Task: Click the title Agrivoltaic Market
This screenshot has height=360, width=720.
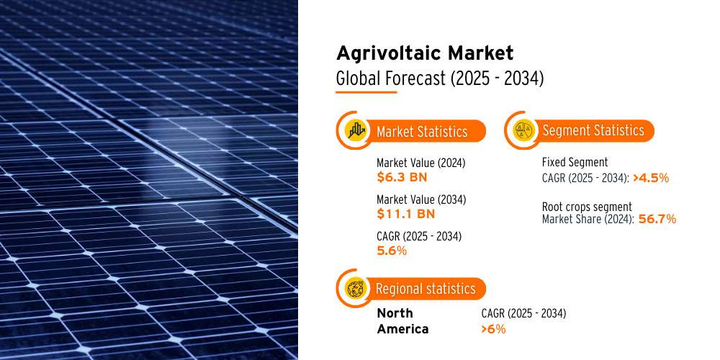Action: click(x=425, y=54)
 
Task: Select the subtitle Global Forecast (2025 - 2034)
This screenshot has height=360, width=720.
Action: click(x=440, y=78)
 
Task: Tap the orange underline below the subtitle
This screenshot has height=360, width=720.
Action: click(x=366, y=92)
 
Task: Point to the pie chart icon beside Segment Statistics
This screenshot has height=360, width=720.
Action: click(x=523, y=130)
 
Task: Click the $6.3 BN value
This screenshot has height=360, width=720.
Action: click(x=402, y=177)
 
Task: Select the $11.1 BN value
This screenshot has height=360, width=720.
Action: click(x=405, y=214)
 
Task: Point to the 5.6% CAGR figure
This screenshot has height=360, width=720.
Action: click(x=392, y=251)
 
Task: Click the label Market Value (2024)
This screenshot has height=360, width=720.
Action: click(x=421, y=163)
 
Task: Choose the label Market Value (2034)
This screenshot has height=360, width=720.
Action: click(x=421, y=199)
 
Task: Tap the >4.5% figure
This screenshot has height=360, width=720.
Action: click(x=651, y=178)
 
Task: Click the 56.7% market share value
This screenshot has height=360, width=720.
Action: click(x=657, y=219)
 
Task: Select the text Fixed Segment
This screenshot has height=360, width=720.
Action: click(x=575, y=162)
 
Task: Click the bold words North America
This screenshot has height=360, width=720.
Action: click(x=402, y=321)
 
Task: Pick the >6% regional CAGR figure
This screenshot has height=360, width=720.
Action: click(x=494, y=329)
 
